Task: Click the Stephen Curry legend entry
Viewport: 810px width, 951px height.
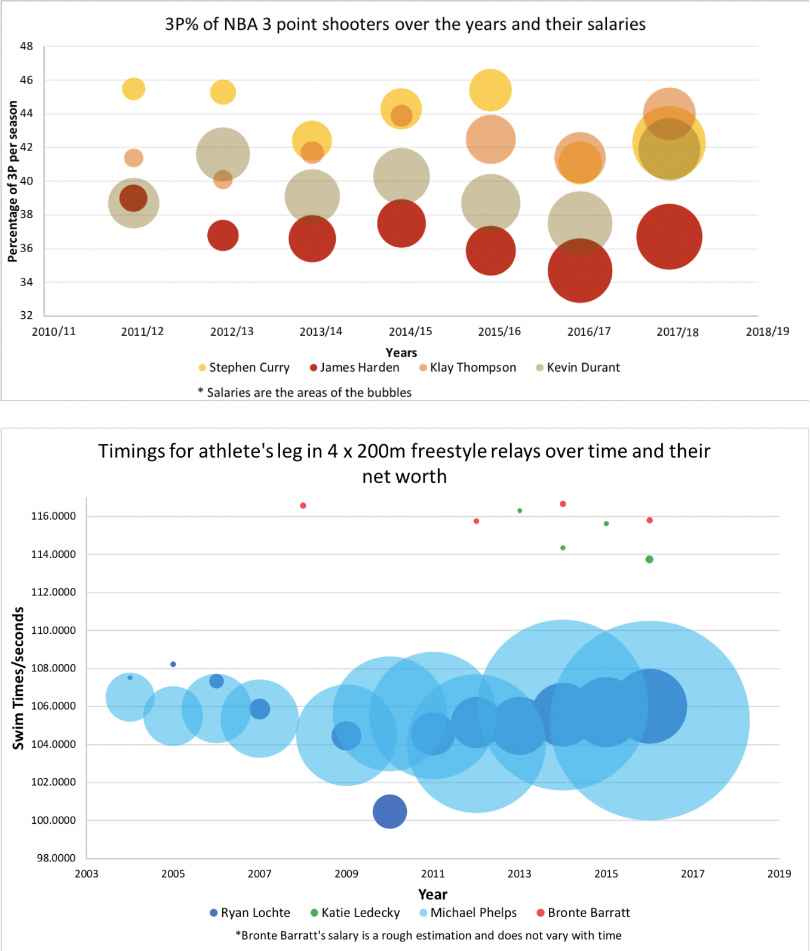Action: [x=244, y=367]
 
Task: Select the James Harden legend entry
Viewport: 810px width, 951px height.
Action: [x=354, y=367]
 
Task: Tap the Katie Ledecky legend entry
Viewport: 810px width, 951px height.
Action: [x=355, y=913]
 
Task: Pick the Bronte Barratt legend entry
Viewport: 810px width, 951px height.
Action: [x=583, y=913]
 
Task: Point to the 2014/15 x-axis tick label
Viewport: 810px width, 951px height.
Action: [x=410, y=332]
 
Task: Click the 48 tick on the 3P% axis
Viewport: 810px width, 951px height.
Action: [x=26, y=46]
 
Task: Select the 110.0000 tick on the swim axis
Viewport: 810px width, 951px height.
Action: [x=54, y=630]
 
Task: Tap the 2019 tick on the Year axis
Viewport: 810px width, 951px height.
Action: [x=779, y=874]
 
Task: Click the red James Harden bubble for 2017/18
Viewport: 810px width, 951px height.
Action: [x=669, y=237]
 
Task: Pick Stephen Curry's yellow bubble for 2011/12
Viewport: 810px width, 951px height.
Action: [x=134, y=89]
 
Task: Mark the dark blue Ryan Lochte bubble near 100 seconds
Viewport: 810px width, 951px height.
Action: [x=389, y=811]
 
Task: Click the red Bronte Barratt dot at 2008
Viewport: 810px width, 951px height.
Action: [x=303, y=505]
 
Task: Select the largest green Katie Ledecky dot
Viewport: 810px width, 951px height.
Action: [x=649, y=559]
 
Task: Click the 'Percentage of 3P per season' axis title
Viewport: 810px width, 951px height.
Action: [x=13, y=181]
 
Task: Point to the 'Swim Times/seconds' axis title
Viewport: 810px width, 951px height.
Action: [x=19, y=678]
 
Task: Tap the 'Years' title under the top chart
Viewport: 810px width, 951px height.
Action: [x=401, y=352]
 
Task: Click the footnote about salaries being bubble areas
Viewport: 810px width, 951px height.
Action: [x=305, y=392]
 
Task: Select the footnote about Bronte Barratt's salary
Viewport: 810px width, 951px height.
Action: [x=428, y=935]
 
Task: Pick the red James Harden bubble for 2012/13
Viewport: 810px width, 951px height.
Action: [x=223, y=235]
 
